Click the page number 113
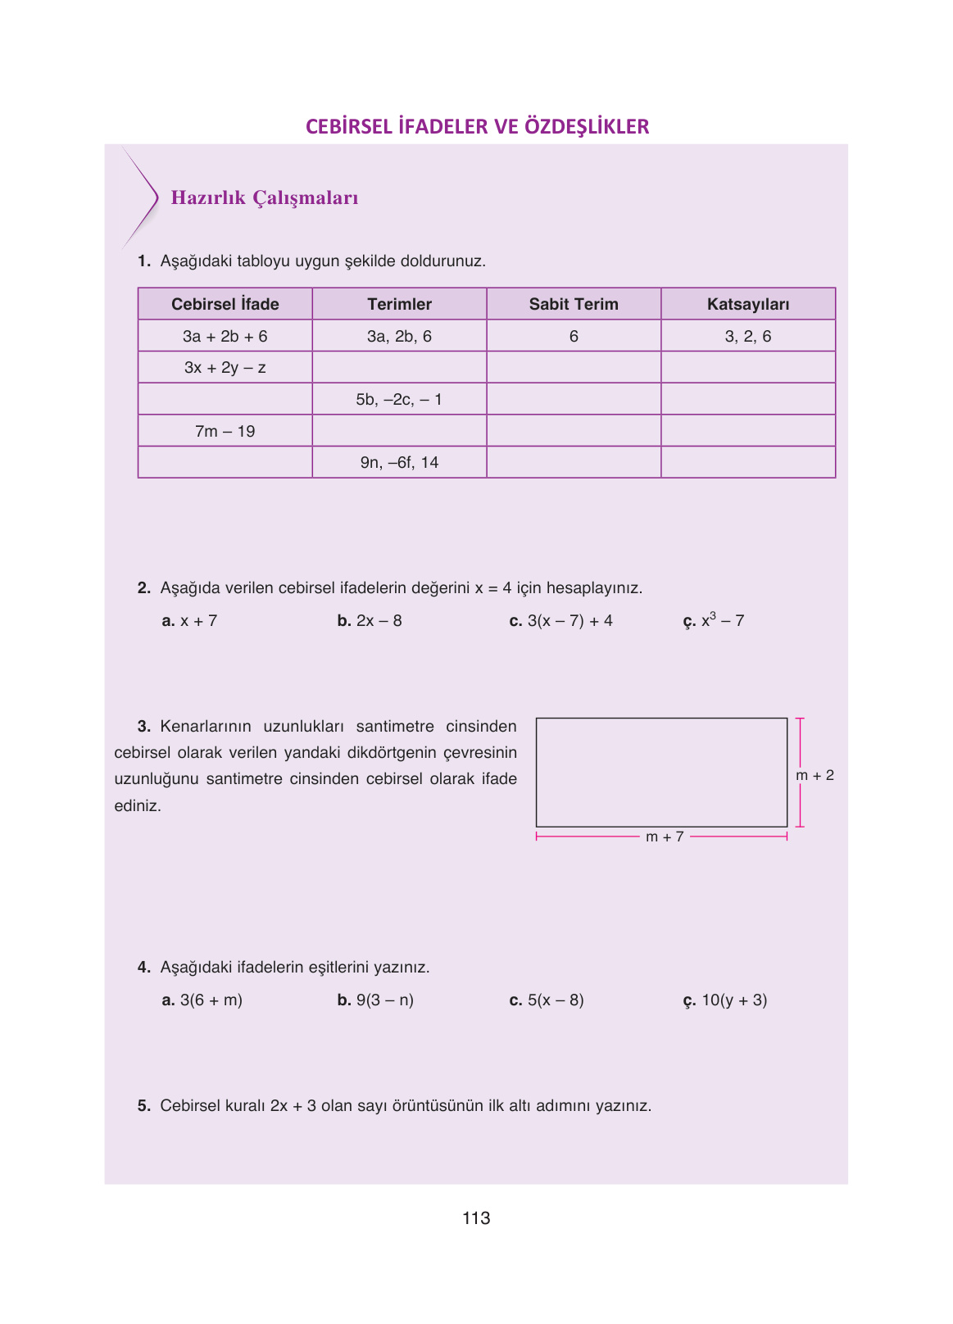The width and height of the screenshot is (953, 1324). pos(476,1218)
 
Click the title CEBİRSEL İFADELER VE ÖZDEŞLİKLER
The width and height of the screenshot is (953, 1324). pos(477,127)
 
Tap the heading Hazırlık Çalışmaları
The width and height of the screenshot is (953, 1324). pos(265,198)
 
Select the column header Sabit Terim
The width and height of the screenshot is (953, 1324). pos(574,304)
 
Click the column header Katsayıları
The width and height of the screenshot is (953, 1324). pos(747,304)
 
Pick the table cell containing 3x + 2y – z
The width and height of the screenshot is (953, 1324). pos(225,368)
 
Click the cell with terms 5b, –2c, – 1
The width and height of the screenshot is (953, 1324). pos(399,400)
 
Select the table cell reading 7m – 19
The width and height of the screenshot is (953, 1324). pos(225,431)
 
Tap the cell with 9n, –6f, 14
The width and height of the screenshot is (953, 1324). pos(399,463)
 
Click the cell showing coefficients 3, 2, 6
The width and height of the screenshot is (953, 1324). pos(747,336)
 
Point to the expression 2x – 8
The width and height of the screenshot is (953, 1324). pos(379,621)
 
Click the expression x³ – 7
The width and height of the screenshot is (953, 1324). pos(722,620)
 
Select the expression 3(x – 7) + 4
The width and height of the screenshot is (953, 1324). pos(570,621)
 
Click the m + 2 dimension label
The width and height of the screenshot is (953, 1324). pos(815,775)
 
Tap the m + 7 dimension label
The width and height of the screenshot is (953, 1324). pos(665,837)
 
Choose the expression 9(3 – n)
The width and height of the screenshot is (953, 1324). pos(384,1000)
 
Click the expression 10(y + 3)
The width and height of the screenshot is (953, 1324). pos(734,1000)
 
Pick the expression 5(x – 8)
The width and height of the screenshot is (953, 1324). pos(556,1000)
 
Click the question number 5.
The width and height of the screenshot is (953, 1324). pos(144,1106)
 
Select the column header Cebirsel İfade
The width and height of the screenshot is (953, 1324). pos(225,304)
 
